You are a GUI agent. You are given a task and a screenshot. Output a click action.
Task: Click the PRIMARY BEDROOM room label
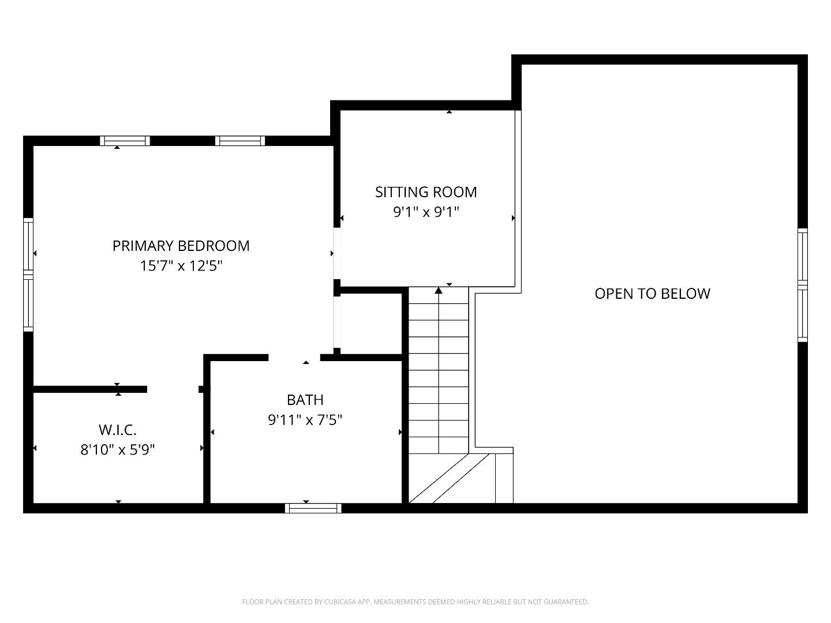pos(181,246)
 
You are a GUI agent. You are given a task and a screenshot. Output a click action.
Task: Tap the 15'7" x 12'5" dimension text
pos(181,266)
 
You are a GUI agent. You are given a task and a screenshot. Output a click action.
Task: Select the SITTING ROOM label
pos(426,192)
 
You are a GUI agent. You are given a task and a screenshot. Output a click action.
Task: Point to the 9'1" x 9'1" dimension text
pos(426,212)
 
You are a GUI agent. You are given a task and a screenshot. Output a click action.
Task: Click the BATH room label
pos(305,400)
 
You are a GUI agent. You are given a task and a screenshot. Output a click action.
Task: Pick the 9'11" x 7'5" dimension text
pos(305,420)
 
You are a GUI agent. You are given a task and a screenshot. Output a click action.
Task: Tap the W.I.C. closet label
pos(117,430)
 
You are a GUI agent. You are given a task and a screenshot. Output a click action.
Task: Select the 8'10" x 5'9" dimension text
pos(117,450)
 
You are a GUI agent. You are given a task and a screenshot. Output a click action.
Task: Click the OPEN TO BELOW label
pos(652,294)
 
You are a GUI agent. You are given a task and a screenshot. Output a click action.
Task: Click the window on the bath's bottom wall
pos(313,508)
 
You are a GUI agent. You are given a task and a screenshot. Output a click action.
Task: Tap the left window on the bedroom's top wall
pos(125,141)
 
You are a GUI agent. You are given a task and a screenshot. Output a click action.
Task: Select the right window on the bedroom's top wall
pos(240,141)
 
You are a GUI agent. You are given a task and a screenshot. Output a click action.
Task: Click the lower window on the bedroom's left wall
pos(28,302)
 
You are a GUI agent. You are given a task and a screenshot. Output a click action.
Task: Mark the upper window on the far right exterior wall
pos(802,256)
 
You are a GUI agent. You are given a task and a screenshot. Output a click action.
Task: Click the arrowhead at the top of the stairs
pos(439,291)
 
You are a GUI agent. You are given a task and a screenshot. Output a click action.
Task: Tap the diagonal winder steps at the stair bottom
pos(447,479)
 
